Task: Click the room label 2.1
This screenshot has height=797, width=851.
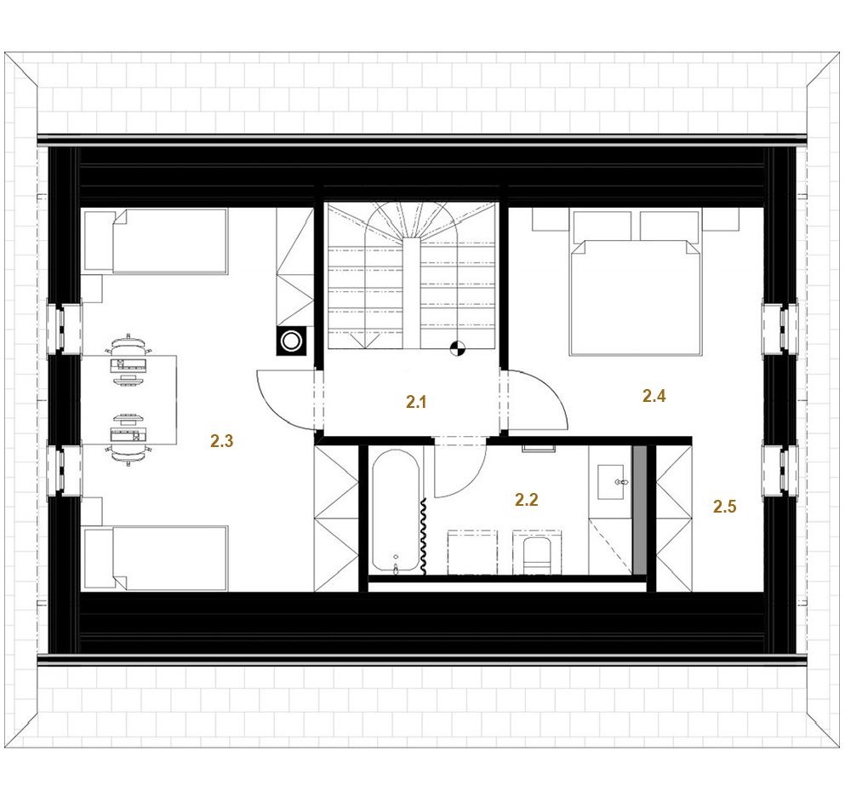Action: (x=416, y=402)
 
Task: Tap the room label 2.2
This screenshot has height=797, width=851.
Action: (x=527, y=500)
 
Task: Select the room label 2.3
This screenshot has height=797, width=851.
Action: (x=221, y=441)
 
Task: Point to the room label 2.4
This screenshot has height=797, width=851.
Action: (x=654, y=396)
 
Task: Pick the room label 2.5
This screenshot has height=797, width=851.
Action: (x=724, y=507)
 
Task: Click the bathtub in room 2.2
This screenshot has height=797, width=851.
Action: (x=396, y=511)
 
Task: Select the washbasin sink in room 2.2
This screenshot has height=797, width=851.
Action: (x=610, y=482)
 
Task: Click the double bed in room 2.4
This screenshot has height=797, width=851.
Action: (x=635, y=283)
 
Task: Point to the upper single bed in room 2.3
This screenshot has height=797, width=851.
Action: (x=156, y=241)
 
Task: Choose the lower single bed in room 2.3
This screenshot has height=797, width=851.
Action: (x=156, y=558)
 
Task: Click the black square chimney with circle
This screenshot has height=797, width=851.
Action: (x=291, y=341)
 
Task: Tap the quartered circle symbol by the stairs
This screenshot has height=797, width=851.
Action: (x=458, y=348)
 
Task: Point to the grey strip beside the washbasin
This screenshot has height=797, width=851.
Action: (x=641, y=510)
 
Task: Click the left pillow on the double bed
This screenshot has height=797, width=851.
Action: (x=603, y=226)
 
